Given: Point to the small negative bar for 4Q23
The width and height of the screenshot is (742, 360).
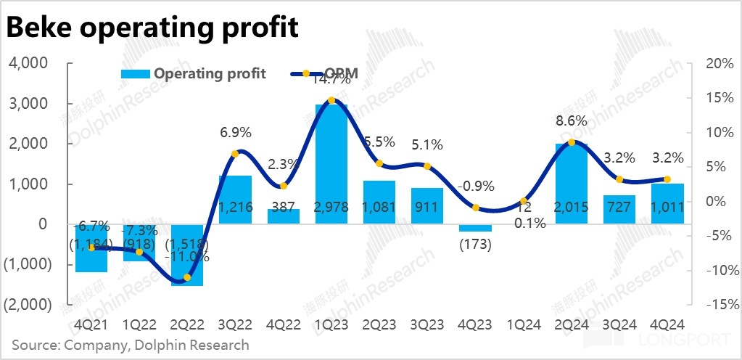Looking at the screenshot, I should point(475,228).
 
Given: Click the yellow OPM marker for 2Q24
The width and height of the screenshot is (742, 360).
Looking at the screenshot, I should point(572,142).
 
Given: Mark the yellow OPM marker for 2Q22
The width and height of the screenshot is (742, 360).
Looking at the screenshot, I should point(187,277).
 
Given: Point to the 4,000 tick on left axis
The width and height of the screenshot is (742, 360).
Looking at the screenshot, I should point(28,64).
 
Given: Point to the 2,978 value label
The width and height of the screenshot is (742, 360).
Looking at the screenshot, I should point(331,208).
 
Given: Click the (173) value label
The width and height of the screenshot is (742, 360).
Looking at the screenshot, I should point(475,244).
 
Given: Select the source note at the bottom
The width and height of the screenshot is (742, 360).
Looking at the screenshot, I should point(131,345).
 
